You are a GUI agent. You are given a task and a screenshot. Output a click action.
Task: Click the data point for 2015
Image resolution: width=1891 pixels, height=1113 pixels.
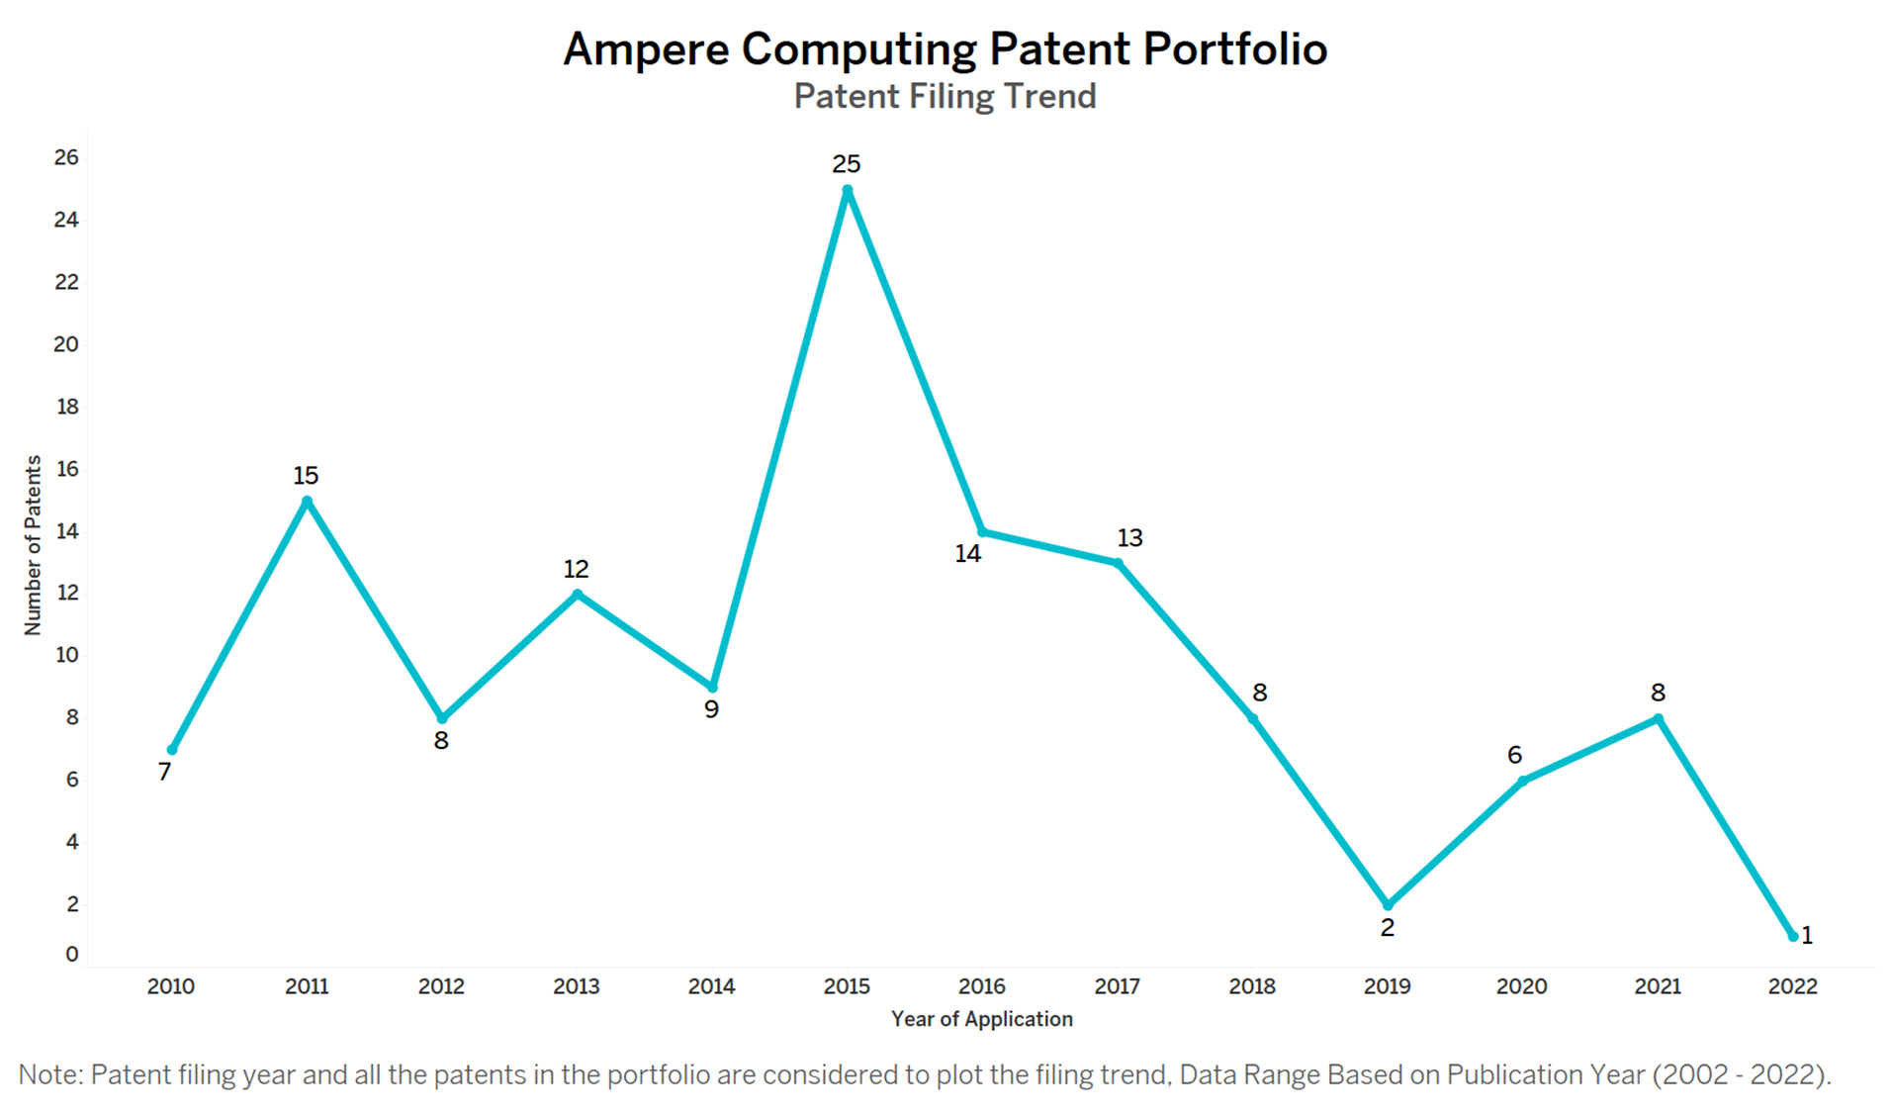pyautogui.click(x=847, y=191)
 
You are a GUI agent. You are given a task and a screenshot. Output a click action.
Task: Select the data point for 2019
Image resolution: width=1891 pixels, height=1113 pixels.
pyautogui.click(x=1387, y=904)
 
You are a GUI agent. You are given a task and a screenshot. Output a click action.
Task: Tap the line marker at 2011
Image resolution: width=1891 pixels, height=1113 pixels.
pyautogui.click(x=307, y=502)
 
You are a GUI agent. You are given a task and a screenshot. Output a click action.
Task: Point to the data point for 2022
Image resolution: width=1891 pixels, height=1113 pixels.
pyautogui.click(x=1792, y=936)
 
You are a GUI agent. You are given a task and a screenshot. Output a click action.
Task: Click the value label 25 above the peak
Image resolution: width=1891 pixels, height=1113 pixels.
pyautogui.click(x=846, y=164)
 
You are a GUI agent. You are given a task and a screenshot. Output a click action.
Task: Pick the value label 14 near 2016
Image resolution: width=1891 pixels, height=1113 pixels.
pyautogui.click(x=967, y=554)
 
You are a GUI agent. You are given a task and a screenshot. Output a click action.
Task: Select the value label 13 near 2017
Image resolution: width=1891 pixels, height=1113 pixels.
pyautogui.click(x=1129, y=538)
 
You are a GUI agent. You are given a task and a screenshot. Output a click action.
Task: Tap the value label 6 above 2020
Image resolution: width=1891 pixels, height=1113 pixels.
pyautogui.click(x=1513, y=756)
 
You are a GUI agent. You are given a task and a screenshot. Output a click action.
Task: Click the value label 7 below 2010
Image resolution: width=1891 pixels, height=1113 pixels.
pyautogui.click(x=164, y=773)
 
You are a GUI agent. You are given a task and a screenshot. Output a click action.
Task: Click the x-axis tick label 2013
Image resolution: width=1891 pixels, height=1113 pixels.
pyautogui.click(x=576, y=986)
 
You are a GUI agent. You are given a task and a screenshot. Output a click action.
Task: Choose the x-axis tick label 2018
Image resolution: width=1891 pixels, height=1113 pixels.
pyautogui.click(x=1251, y=986)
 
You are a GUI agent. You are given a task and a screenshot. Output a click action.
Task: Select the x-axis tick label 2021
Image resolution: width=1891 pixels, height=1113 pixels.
pyautogui.click(x=1657, y=986)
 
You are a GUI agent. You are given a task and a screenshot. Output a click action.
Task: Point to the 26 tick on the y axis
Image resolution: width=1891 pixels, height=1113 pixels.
pyautogui.click(x=66, y=157)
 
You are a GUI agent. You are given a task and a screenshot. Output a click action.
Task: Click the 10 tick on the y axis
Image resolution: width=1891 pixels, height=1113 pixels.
pyautogui.click(x=66, y=655)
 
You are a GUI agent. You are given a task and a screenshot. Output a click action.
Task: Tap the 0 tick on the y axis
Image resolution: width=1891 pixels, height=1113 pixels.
pyautogui.click(x=71, y=955)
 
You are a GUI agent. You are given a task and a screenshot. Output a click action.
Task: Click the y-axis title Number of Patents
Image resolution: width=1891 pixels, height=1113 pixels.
pyautogui.click(x=33, y=545)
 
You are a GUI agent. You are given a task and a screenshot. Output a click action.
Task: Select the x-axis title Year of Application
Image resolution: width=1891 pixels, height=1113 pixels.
pyautogui.click(x=981, y=1019)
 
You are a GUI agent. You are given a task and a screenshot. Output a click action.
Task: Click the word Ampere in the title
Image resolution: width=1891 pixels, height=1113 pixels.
pyautogui.click(x=645, y=49)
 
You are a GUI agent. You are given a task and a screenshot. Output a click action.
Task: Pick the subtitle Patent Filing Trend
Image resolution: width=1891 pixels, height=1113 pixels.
pyautogui.click(x=945, y=97)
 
